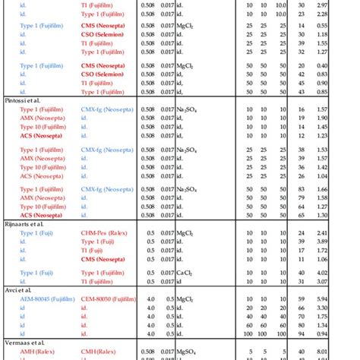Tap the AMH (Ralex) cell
click(x=36, y=352)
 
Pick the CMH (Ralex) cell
click(x=99, y=352)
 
